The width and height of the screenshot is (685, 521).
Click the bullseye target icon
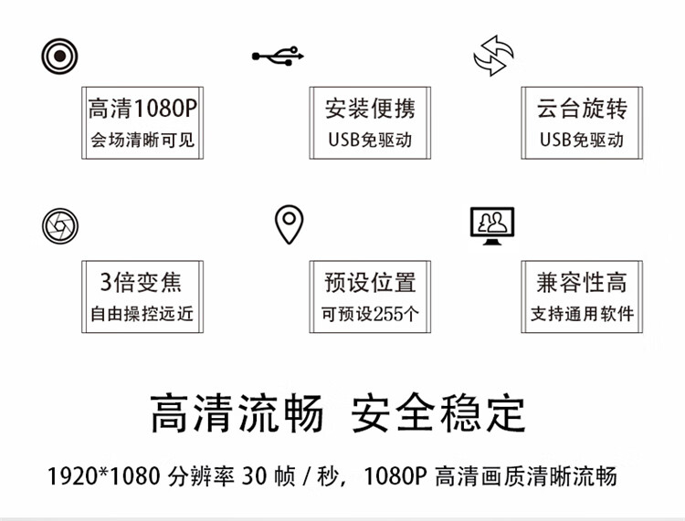click(x=59, y=57)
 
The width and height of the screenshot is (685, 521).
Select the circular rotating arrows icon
click(x=493, y=56)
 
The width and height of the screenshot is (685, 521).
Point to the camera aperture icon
click(x=60, y=224)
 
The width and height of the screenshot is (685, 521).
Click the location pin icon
click(x=289, y=223)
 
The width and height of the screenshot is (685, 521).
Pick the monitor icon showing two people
click(x=491, y=224)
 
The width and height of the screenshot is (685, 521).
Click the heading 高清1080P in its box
click(x=142, y=110)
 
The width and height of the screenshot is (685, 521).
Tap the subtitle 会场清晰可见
click(x=142, y=141)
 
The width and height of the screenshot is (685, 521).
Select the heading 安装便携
click(x=370, y=110)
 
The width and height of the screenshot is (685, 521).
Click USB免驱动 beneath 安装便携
click(x=370, y=141)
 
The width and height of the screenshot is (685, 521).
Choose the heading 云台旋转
click(x=582, y=110)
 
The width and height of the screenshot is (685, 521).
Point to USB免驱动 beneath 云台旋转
click(x=582, y=141)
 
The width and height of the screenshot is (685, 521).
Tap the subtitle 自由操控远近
click(x=142, y=314)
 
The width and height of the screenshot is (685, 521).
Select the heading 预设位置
click(x=370, y=282)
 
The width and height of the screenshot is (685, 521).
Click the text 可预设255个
click(x=370, y=314)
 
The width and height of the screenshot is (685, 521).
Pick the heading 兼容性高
click(x=582, y=282)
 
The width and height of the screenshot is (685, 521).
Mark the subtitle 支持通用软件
click(x=582, y=314)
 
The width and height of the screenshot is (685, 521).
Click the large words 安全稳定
click(x=439, y=414)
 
